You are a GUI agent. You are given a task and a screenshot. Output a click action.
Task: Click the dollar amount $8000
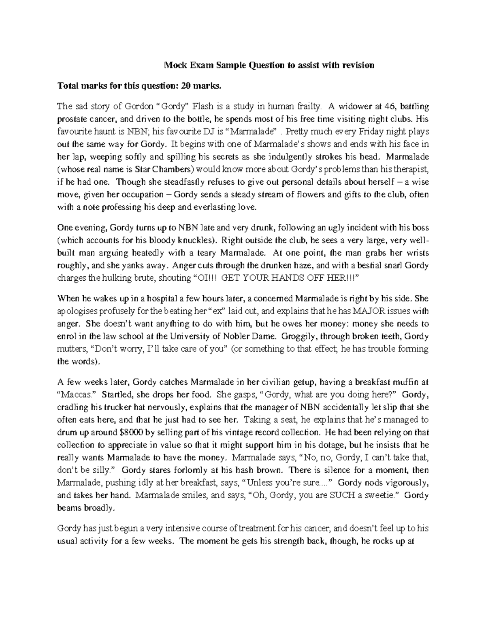(x=127, y=432)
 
